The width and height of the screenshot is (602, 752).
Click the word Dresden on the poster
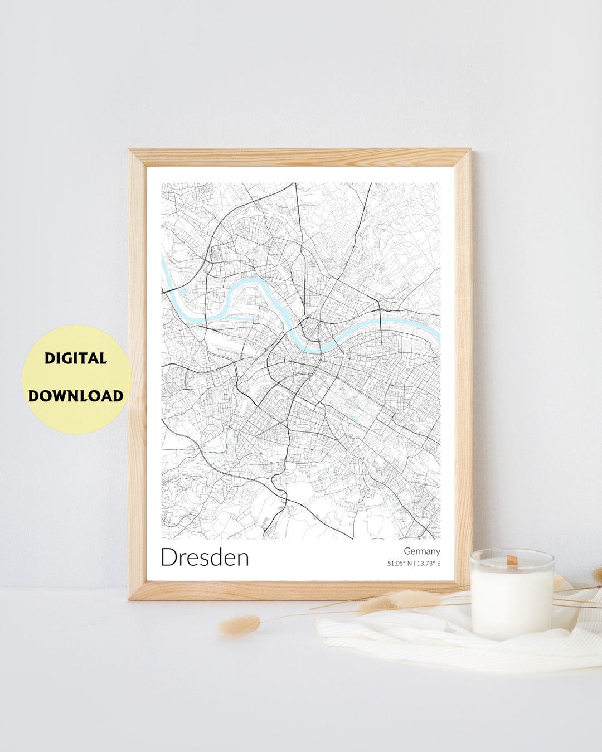[x=205, y=557]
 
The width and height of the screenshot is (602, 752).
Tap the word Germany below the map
[x=422, y=551]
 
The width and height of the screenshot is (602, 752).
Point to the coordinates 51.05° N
[x=400, y=564]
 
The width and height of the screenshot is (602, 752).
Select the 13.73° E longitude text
[x=429, y=564]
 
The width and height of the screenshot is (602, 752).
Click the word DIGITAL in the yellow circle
[x=76, y=358]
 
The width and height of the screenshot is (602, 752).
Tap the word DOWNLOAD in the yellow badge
[x=76, y=396]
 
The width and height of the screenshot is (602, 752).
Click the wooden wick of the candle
[x=511, y=559]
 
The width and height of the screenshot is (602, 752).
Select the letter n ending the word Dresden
[x=242, y=559]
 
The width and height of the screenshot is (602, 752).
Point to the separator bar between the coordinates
[x=414, y=564]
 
